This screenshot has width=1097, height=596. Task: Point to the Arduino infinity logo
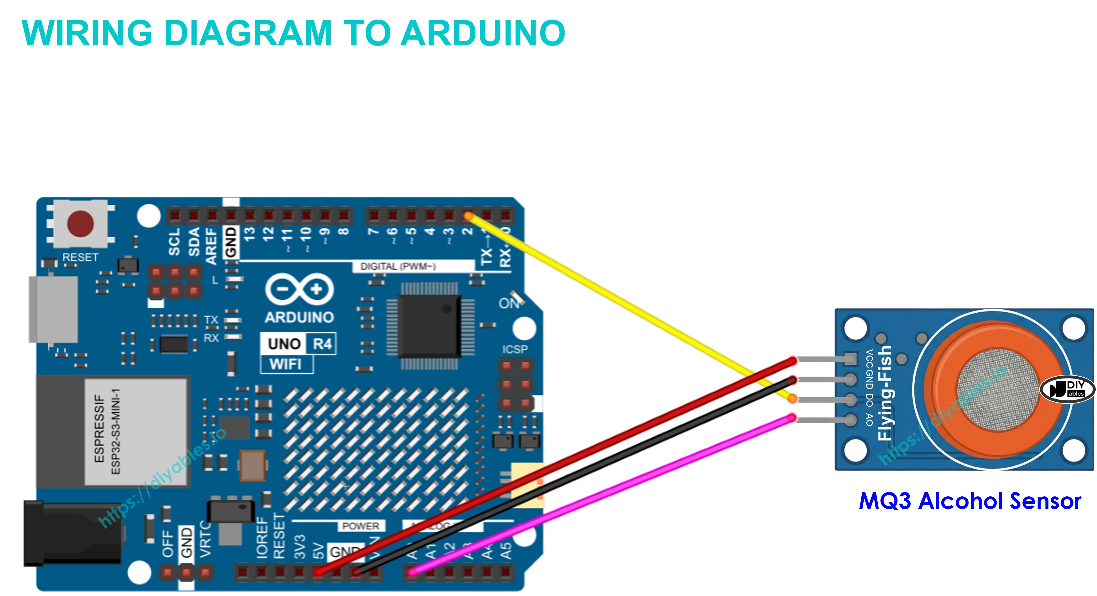pyautogui.click(x=299, y=289)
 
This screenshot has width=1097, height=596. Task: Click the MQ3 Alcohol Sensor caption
pyautogui.click(x=970, y=501)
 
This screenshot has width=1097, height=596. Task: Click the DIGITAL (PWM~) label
pyautogui.click(x=398, y=266)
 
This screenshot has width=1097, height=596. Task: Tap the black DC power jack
pyautogui.click(x=72, y=533)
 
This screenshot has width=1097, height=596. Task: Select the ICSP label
pyautogui.click(x=514, y=349)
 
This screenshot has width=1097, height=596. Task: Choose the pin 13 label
pyautogui.click(x=249, y=234)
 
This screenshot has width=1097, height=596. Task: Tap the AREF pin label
pyautogui.click(x=212, y=246)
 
